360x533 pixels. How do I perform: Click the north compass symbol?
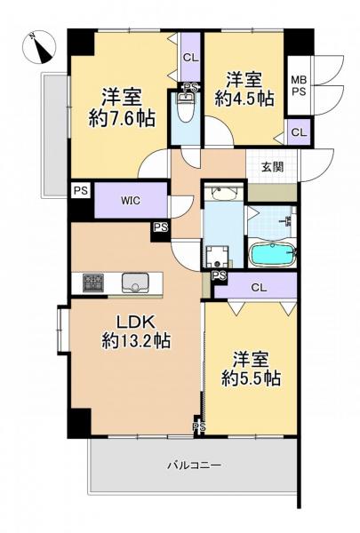tap(39, 47)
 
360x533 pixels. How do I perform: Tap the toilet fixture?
tap(186, 107)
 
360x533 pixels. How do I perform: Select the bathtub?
tap(273, 254)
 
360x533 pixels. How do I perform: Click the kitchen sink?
tap(135, 282)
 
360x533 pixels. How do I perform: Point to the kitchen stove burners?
tap(93, 282)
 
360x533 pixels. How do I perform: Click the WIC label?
tap(131, 201)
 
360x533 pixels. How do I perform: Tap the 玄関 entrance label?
tap(272, 167)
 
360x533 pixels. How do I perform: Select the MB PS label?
tap(299, 85)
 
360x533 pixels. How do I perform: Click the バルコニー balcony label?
tap(195, 465)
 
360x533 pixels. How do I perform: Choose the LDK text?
tap(136, 322)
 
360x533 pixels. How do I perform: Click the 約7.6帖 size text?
tap(122, 118)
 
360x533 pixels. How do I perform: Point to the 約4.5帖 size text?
tap(244, 99)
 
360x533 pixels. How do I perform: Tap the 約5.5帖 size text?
tap(252, 378)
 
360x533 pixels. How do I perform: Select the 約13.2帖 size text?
tap(136, 340)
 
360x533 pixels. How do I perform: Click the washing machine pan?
tap(217, 257)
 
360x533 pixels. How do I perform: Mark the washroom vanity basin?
tap(223, 194)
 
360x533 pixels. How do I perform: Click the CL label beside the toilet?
tap(190, 58)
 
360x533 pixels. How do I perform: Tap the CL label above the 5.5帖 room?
tap(259, 288)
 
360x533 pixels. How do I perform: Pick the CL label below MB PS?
tap(299, 132)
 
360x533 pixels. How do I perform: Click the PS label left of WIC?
tap(81, 190)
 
